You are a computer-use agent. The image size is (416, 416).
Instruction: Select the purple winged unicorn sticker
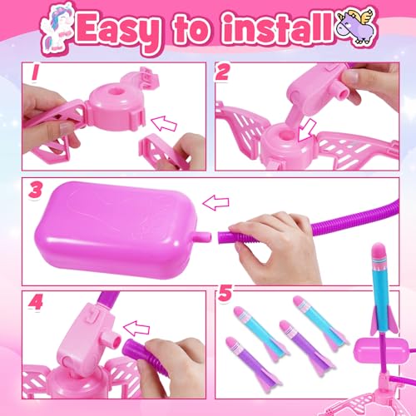(356, 26)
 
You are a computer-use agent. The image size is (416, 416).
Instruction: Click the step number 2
(222, 72)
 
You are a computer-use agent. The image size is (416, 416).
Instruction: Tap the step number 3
(35, 191)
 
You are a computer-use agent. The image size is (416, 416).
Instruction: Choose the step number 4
(35, 302)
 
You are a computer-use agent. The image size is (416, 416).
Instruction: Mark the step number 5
(225, 294)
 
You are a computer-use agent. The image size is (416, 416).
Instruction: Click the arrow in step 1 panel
(164, 124)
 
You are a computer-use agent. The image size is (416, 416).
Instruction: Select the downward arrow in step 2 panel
(306, 131)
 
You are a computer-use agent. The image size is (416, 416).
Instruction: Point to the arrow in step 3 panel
(215, 203)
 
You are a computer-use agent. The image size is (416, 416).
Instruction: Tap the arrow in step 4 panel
(136, 329)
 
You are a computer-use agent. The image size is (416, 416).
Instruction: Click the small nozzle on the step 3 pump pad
(204, 236)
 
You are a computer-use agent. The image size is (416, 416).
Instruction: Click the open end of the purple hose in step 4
(128, 347)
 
